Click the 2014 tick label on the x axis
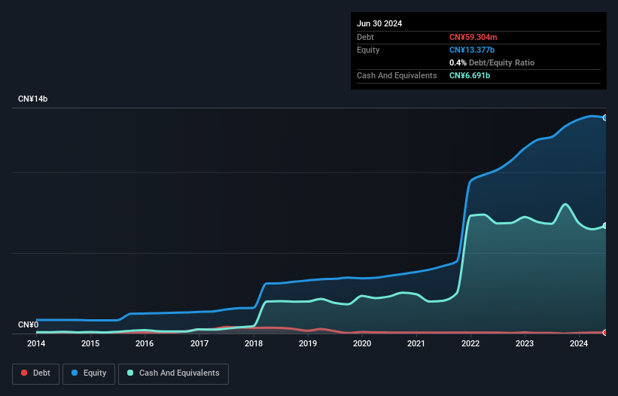point(35,344)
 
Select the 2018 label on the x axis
point(253,344)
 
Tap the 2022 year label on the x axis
point(470,344)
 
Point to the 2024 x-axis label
point(579,344)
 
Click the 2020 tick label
point(362,344)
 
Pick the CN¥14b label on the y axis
point(33,99)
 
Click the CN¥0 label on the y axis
point(28,325)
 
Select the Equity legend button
point(88,373)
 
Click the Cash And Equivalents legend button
point(173,373)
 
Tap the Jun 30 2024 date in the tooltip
point(379,23)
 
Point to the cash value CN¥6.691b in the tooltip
point(470,75)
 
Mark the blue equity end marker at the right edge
point(605,117)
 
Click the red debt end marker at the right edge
point(605,332)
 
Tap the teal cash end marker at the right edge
point(605,226)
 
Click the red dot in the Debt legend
point(24,373)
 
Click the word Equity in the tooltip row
point(368,50)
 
